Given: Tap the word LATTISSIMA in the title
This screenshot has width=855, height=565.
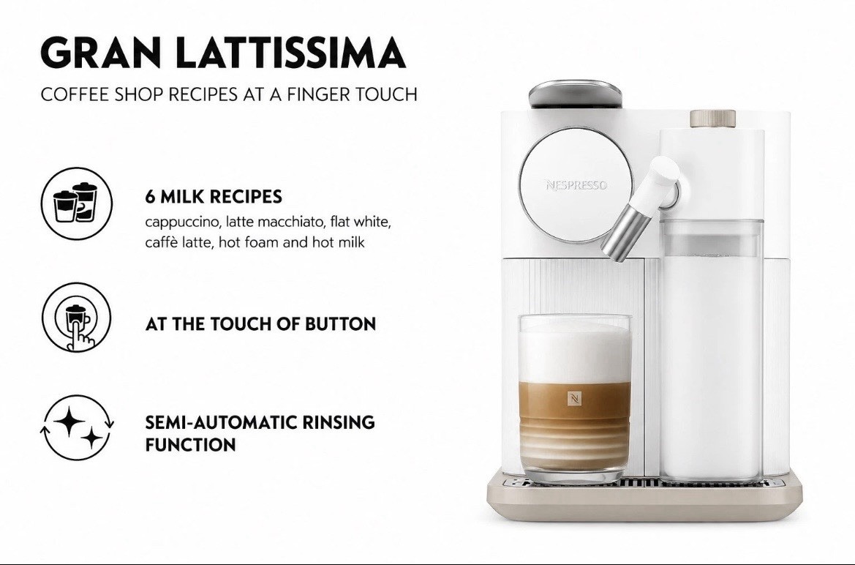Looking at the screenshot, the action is [292, 53].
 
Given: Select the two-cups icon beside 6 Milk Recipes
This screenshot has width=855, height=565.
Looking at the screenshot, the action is [76, 203].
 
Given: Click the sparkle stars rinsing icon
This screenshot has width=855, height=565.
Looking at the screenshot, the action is [77, 427].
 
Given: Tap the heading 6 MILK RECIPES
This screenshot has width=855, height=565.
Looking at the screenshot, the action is [214, 197].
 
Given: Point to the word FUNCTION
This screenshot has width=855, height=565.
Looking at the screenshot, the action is [190, 445].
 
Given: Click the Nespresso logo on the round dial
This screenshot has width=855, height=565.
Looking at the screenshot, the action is [576, 185].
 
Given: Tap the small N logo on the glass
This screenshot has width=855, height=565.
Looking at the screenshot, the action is [574, 399].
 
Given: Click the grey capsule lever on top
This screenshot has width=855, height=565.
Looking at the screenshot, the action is [576, 94].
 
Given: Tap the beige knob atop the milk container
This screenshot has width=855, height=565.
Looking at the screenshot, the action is [712, 119].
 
